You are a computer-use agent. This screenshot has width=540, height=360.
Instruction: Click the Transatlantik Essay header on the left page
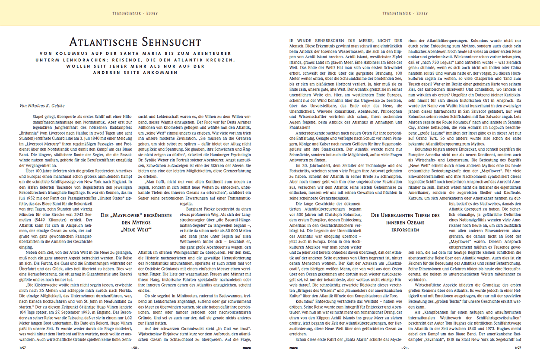tap(135, 13)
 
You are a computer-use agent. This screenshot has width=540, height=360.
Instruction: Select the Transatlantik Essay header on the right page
tap(405, 13)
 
